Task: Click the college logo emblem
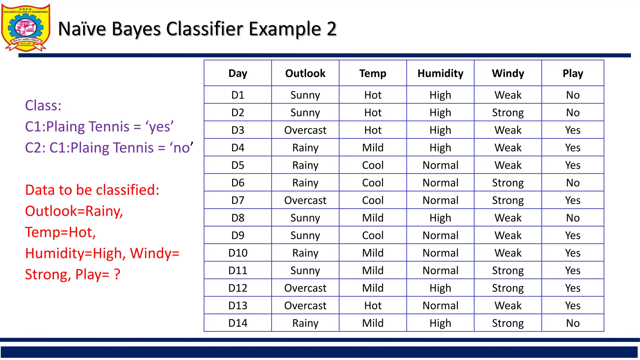pyautogui.click(x=26, y=27)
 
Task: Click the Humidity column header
pyautogui.click(x=440, y=73)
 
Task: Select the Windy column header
pyautogui.click(x=508, y=73)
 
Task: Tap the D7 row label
pyautogui.click(x=237, y=200)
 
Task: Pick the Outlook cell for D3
pyautogui.click(x=305, y=130)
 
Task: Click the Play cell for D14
pyautogui.click(x=572, y=323)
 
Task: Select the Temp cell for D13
pyautogui.click(x=373, y=306)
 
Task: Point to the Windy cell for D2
pyautogui.click(x=508, y=112)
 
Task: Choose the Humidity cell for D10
pyautogui.click(x=440, y=253)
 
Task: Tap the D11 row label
pyautogui.click(x=237, y=270)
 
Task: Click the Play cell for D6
pyautogui.click(x=572, y=183)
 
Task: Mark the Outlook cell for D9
pyautogui.click(x=305, y=235)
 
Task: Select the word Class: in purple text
pyautogui.click(x=43, y=106)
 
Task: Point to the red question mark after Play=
pyautogui.click(x=117, y=274)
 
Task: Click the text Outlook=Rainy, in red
pyautogui.click(x=74, y=211)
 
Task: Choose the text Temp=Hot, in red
pyautogui.click(x=60, y=232)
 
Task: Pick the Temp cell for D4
pyautogui.click(x=373, y=147)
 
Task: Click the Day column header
pyautogui.click(x=237, y=73)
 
